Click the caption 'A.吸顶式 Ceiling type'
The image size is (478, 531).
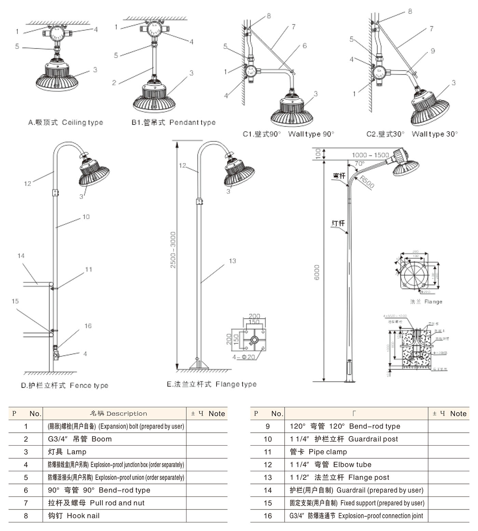65,123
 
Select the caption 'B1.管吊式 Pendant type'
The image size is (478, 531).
174,123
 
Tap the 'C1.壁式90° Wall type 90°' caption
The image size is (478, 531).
288,134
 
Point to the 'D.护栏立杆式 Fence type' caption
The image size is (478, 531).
65,386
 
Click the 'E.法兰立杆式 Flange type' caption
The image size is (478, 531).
211,385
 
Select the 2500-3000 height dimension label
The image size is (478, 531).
173,250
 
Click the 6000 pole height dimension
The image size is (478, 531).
317,272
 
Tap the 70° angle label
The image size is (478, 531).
359,164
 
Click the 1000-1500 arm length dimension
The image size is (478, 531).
370,155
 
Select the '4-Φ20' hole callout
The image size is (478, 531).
244,357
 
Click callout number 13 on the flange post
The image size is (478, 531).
232,261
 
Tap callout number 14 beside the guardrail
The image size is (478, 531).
21,256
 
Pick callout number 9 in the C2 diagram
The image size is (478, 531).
433,51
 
